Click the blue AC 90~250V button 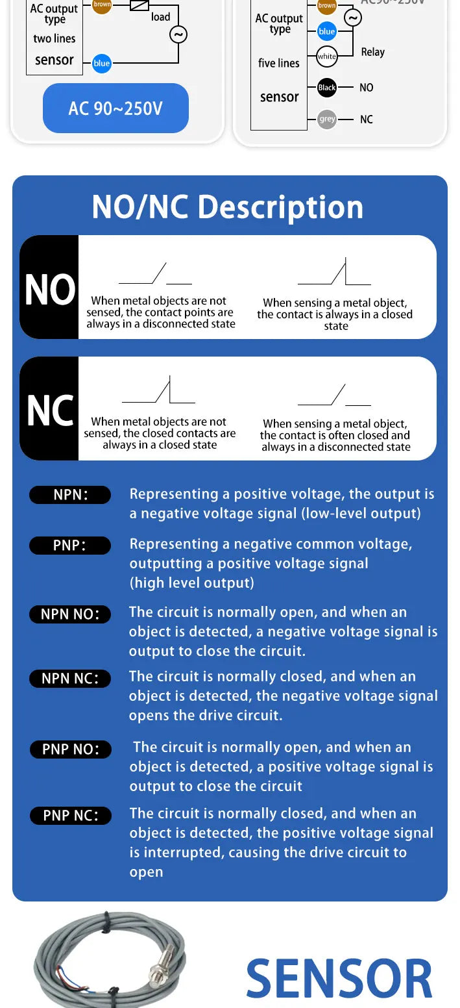click(x=115, y=108)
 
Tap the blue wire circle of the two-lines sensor click(x=102, y=63)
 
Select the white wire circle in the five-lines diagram click(x=327, y=57)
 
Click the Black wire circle click(x=327, y=87)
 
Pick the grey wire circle click(x=327, y=120)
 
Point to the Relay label click(x=373, y=52)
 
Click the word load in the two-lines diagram click(x=160, y=17)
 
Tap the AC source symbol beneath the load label click(x=178, y=34)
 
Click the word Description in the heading click(x=280, y=207)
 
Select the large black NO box click(x=49, y=287)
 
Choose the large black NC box click(x=49, y=409)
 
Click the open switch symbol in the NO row click(x=155, y=273)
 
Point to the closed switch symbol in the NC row click(x=158, y=390)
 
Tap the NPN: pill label click(x=70, y=494)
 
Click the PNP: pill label click(x=70, y=546)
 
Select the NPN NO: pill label click(x=70, y=614)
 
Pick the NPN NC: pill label click(x=70, y=679)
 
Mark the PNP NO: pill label click(x=71, y=750)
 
